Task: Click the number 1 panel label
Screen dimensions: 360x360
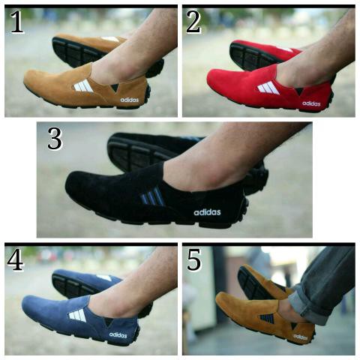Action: pos(16,24)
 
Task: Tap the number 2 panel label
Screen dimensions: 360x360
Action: pos(194,23)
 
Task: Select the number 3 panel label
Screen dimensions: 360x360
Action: pos(55,139)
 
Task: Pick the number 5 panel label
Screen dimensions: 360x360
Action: pos(193,260)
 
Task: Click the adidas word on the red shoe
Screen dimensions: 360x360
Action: pos(311,103)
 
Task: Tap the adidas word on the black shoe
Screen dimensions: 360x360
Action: pos(207,211)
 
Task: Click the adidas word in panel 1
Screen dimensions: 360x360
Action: pos(129,98)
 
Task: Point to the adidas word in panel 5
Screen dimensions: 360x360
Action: pos(300,337)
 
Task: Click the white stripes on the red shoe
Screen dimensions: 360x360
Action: pos(268,88)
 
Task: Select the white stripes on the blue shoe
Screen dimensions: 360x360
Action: pos(77,315)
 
